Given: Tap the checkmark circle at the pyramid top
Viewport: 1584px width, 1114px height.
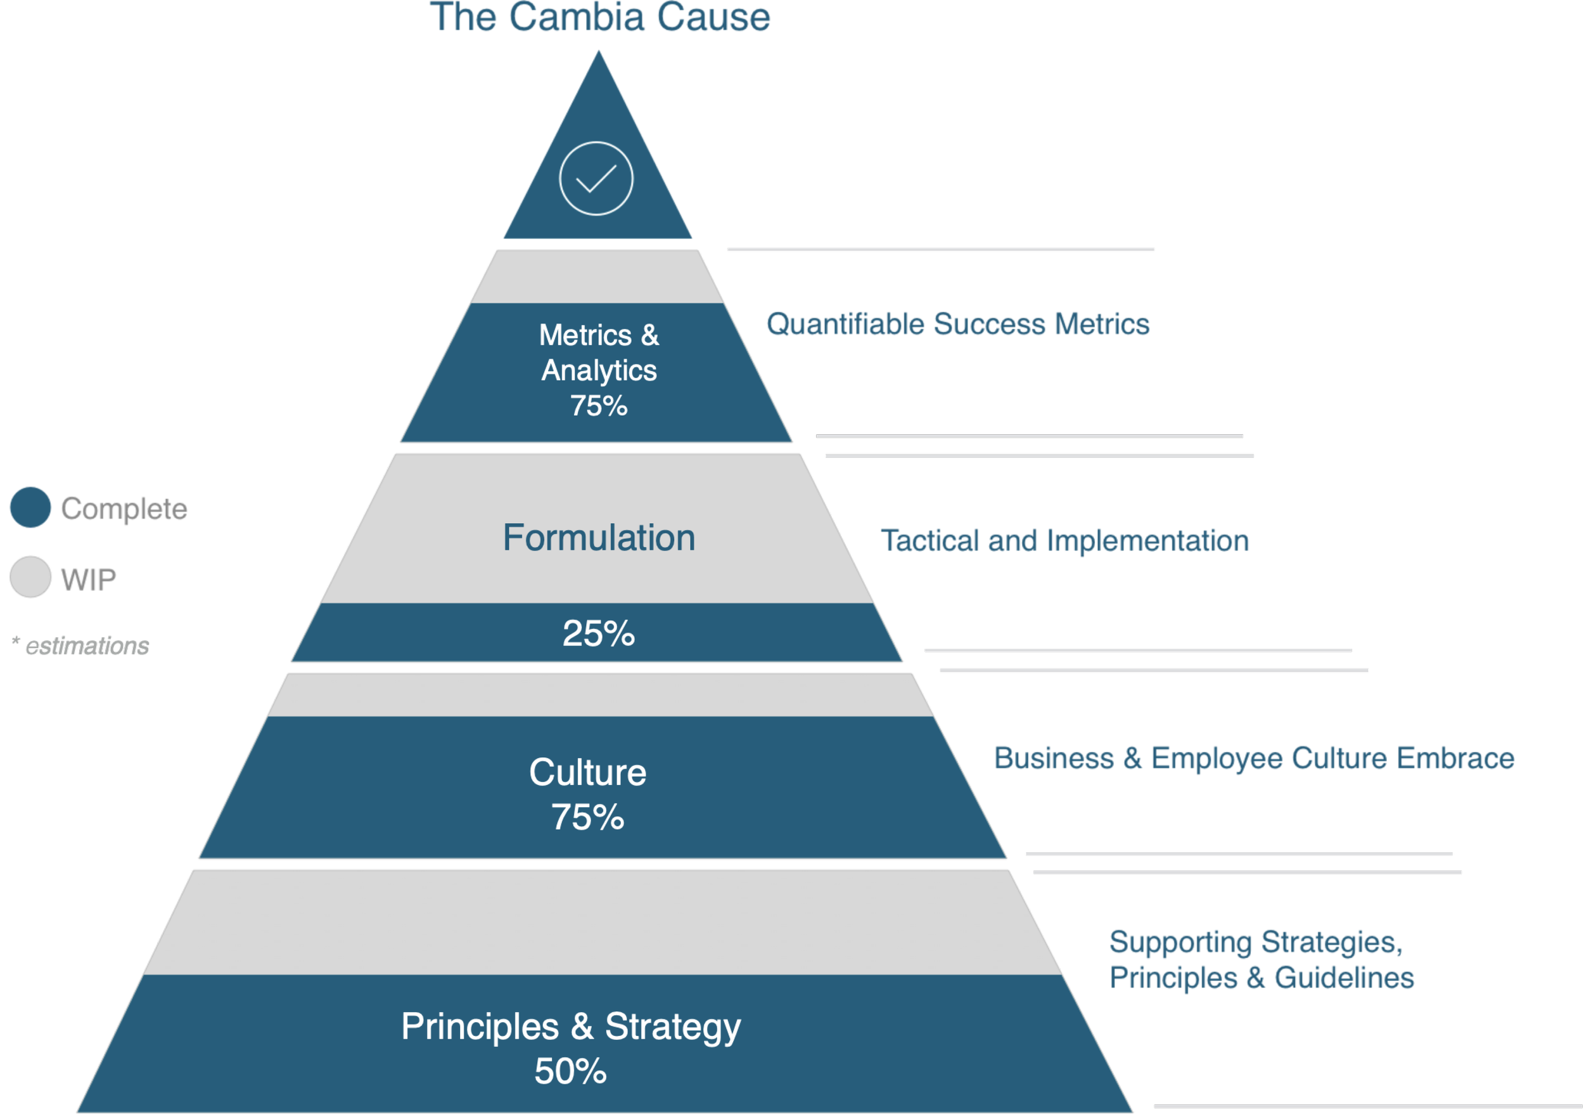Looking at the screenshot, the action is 596,178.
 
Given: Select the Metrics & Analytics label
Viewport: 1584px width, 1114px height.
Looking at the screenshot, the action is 599,353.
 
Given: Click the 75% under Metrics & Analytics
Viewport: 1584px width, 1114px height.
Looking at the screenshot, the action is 599,406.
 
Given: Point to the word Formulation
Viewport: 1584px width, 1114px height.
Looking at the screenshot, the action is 599,538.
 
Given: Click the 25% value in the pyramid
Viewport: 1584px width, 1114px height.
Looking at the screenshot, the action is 599,633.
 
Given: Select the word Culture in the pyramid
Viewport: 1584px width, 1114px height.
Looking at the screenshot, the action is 588,772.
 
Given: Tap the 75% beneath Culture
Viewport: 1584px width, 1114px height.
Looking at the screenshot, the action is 588,817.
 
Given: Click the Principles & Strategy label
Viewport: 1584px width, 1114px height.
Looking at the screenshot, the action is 572,1027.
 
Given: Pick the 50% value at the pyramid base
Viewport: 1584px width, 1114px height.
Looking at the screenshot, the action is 572,1072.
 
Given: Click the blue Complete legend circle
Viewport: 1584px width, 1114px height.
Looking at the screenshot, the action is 30,507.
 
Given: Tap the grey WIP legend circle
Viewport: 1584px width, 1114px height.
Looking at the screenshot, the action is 30,577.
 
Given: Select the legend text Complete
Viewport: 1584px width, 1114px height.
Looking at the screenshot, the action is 124,508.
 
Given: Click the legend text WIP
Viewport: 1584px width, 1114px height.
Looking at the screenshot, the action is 89,578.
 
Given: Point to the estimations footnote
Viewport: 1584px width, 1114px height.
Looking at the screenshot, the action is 81,646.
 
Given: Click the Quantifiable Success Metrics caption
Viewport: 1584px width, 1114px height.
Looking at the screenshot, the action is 957,325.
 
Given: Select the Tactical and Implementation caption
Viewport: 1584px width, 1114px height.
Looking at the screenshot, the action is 1064,540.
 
